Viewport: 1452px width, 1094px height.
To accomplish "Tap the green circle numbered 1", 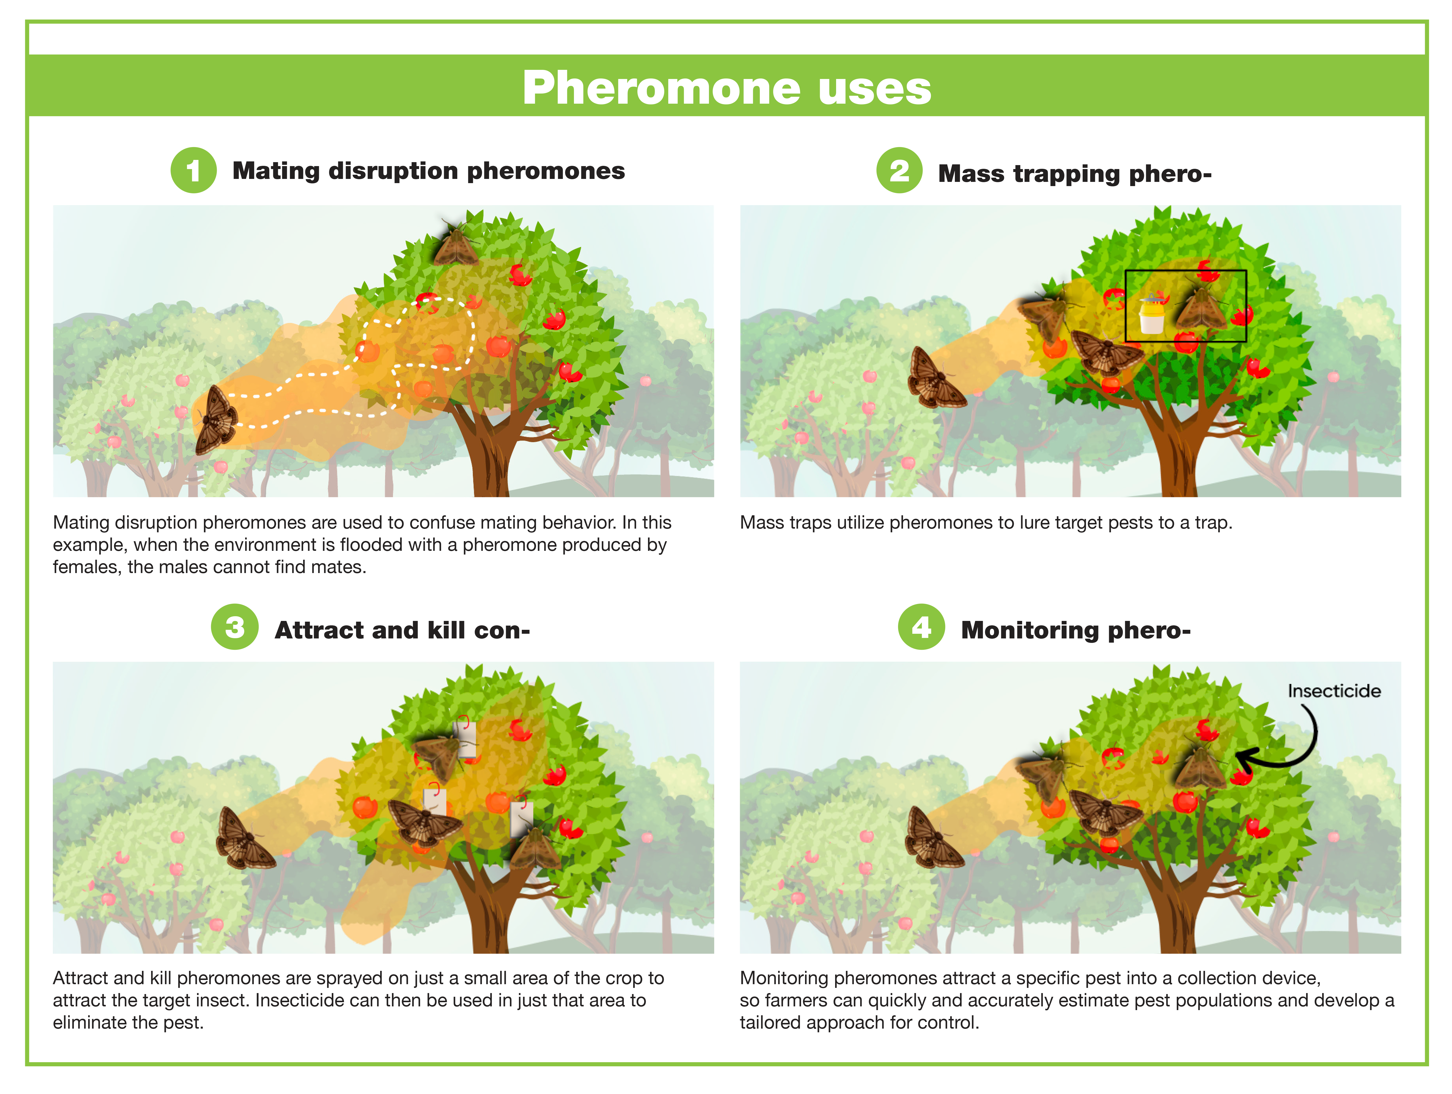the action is [194, 170].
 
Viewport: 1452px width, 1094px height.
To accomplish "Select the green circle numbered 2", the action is [899, 170].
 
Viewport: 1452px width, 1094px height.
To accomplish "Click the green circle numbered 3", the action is [234, 627].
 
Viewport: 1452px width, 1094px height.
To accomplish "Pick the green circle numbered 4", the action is [922, 627].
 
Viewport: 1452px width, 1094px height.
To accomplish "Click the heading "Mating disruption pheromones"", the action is [429, 171].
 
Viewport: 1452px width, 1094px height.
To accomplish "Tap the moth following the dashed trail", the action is [217, 420].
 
